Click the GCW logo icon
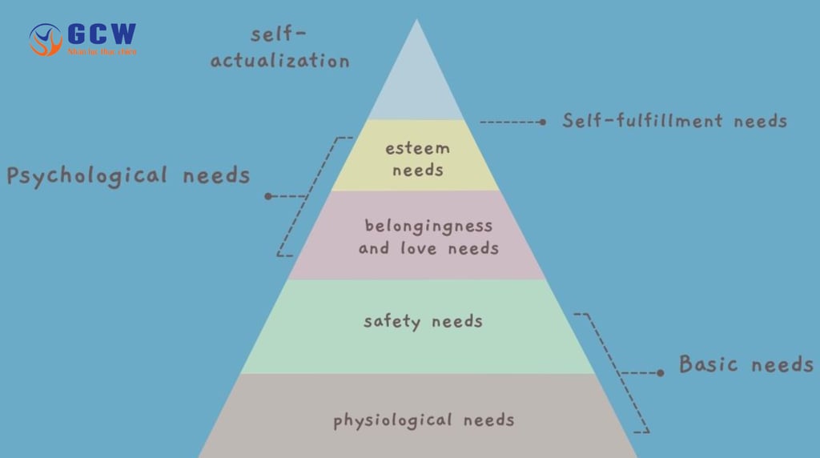click(46, 39)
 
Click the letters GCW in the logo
click(102, 34)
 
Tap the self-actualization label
click(279, 48)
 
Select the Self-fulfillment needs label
click(674, 121)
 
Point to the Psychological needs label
click(128, 175)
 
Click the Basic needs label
click(746, 364)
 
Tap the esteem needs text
click(417, 159)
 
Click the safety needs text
click(423, 322)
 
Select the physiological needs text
click(424, 420)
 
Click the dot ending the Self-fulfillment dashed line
click(542, 123)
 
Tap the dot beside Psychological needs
click(268, 196)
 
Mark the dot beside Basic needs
click(660, 372)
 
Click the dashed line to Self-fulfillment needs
click(510, 123)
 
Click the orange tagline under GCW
click(102, 52)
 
